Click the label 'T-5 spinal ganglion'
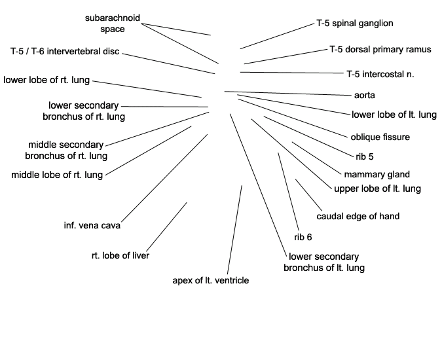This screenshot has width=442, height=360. click(355, 24)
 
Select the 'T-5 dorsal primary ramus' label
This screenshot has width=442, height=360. click(380, 50)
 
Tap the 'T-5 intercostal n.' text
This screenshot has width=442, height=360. click(380, 75)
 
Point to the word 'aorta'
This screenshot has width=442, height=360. click(365, 96)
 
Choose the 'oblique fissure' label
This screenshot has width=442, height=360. click(380, 137)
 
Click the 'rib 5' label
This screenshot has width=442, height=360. click(365, 156)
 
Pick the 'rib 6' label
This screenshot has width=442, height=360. click(303, 237)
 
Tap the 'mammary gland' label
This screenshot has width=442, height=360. click(377, 175)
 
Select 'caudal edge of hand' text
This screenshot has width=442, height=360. click(358, 217)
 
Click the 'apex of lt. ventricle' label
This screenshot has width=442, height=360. click(211, 281)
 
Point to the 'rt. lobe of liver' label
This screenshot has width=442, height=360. click(120, 256)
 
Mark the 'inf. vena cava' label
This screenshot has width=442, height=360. click(92, 226)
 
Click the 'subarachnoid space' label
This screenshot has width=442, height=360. click(113, 24)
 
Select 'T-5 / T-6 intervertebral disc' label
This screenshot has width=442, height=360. click(65, 52)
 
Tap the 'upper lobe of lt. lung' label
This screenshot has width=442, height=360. click(377, 189)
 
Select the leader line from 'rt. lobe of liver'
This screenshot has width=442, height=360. click(166, 226)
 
